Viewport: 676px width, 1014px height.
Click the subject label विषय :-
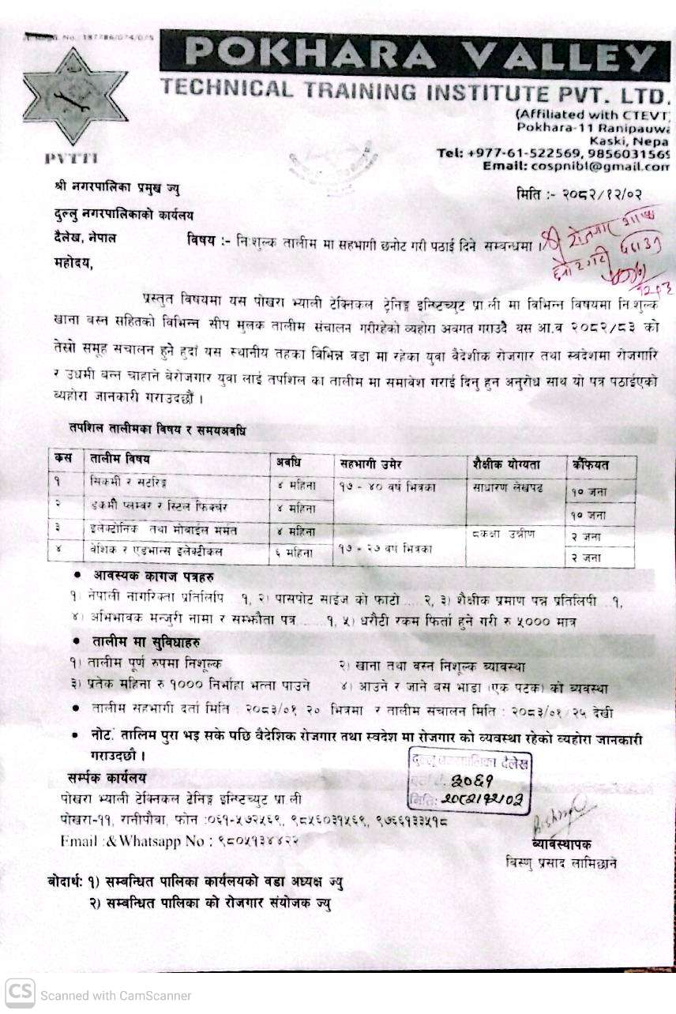click(206, 240)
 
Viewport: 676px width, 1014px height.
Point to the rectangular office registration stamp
click(469, 781)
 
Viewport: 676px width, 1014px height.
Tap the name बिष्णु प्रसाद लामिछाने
click(561, 864)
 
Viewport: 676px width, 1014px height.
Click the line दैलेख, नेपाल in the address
click(79, 238)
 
